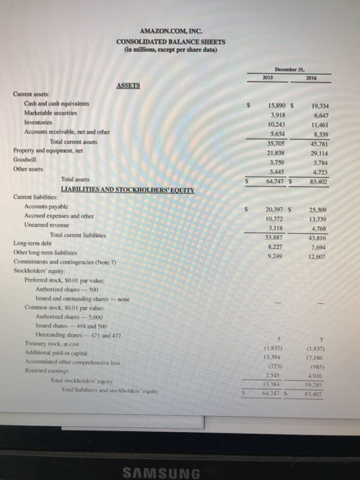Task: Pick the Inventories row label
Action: coord(39,123)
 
